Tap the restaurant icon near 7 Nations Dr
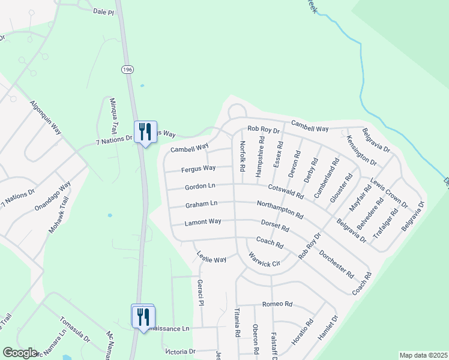point(145,131)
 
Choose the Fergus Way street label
point(198,169)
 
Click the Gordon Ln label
point(200,187)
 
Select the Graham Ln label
point(200,204)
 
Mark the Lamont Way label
point(203,222)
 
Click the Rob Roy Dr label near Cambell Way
point(264,130)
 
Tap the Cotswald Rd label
point(286,192)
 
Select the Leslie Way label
point(211,256)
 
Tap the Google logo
point(20,353)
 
